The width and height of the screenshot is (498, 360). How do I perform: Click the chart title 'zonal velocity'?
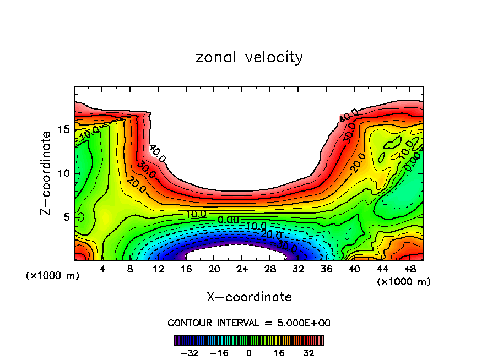point(249,57)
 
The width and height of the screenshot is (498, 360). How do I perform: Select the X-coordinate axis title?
point(249,297)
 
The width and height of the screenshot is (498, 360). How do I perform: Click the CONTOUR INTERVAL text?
point(249,323)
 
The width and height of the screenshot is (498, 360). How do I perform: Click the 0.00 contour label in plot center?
point(228,220)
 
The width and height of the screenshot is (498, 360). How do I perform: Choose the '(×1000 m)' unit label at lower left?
point(53,276)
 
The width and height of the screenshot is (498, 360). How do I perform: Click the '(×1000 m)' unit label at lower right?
point(404,282)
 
